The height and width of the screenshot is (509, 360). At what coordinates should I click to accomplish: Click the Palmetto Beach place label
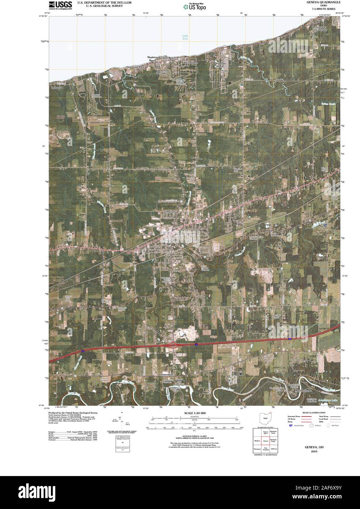pos(219,65)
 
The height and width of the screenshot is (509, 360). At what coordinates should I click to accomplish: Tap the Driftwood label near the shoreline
pos(57,88)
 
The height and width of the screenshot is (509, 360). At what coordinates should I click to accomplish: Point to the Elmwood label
pos(169,212)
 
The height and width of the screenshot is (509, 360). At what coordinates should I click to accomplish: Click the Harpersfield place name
pos(168,375)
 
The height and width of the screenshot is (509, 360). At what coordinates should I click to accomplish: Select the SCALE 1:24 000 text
pos(195,413)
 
